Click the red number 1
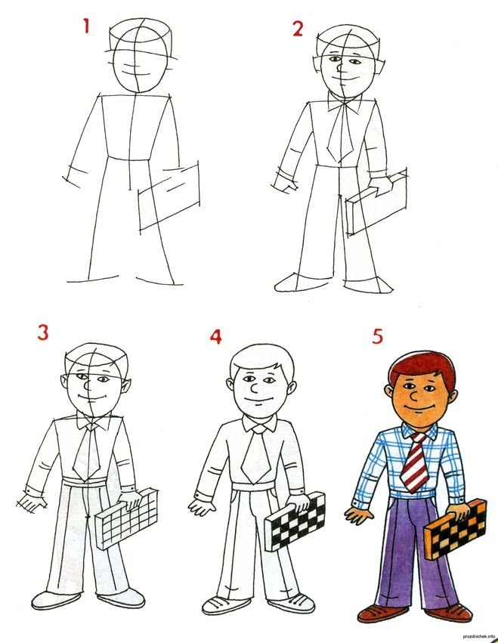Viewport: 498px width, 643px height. pyautogui.click(x=86, y=26)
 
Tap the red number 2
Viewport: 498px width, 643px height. pyautogui.click(x=298, y=28)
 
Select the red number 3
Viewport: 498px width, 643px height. pyautogui.click(x=43, y=332)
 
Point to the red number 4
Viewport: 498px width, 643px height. pyautogui.click(x=216, y=337)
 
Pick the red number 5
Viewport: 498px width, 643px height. pyautogui.click(x=377, y=336)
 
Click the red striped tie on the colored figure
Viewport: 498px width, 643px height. pyautogui.click(x=414, y=462)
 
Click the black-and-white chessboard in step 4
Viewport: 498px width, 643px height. pyautogui.click(x=295, y=521)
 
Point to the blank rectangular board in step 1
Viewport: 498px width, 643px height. pyautogui.click(x=169, y=198)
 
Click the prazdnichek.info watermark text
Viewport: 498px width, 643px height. pyautogui.click(x=478, y=636)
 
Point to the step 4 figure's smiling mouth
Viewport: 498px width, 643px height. pyautogui.click(x=257, y=400)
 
